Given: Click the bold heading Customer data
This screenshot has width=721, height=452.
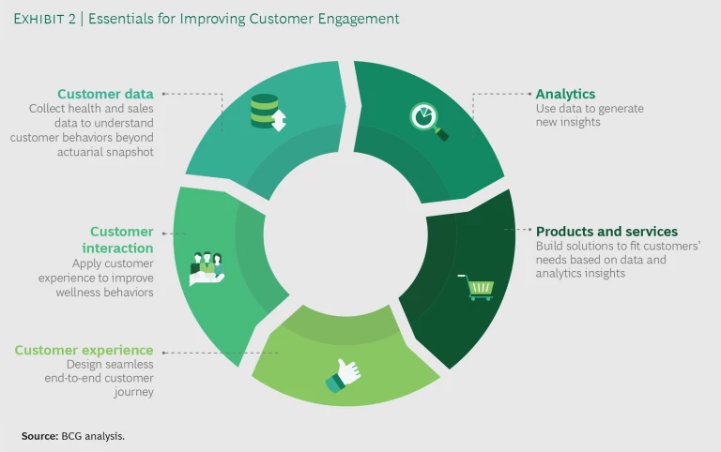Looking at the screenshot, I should tap(105, 94).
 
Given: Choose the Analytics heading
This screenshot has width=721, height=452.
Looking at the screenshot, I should tap(565, 94).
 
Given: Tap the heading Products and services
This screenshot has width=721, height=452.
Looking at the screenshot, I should tap(606, 232).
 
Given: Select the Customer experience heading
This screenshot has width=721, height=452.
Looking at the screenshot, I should tap(84, 351).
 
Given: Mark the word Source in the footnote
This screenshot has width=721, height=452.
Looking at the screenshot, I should tap(38, 436).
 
